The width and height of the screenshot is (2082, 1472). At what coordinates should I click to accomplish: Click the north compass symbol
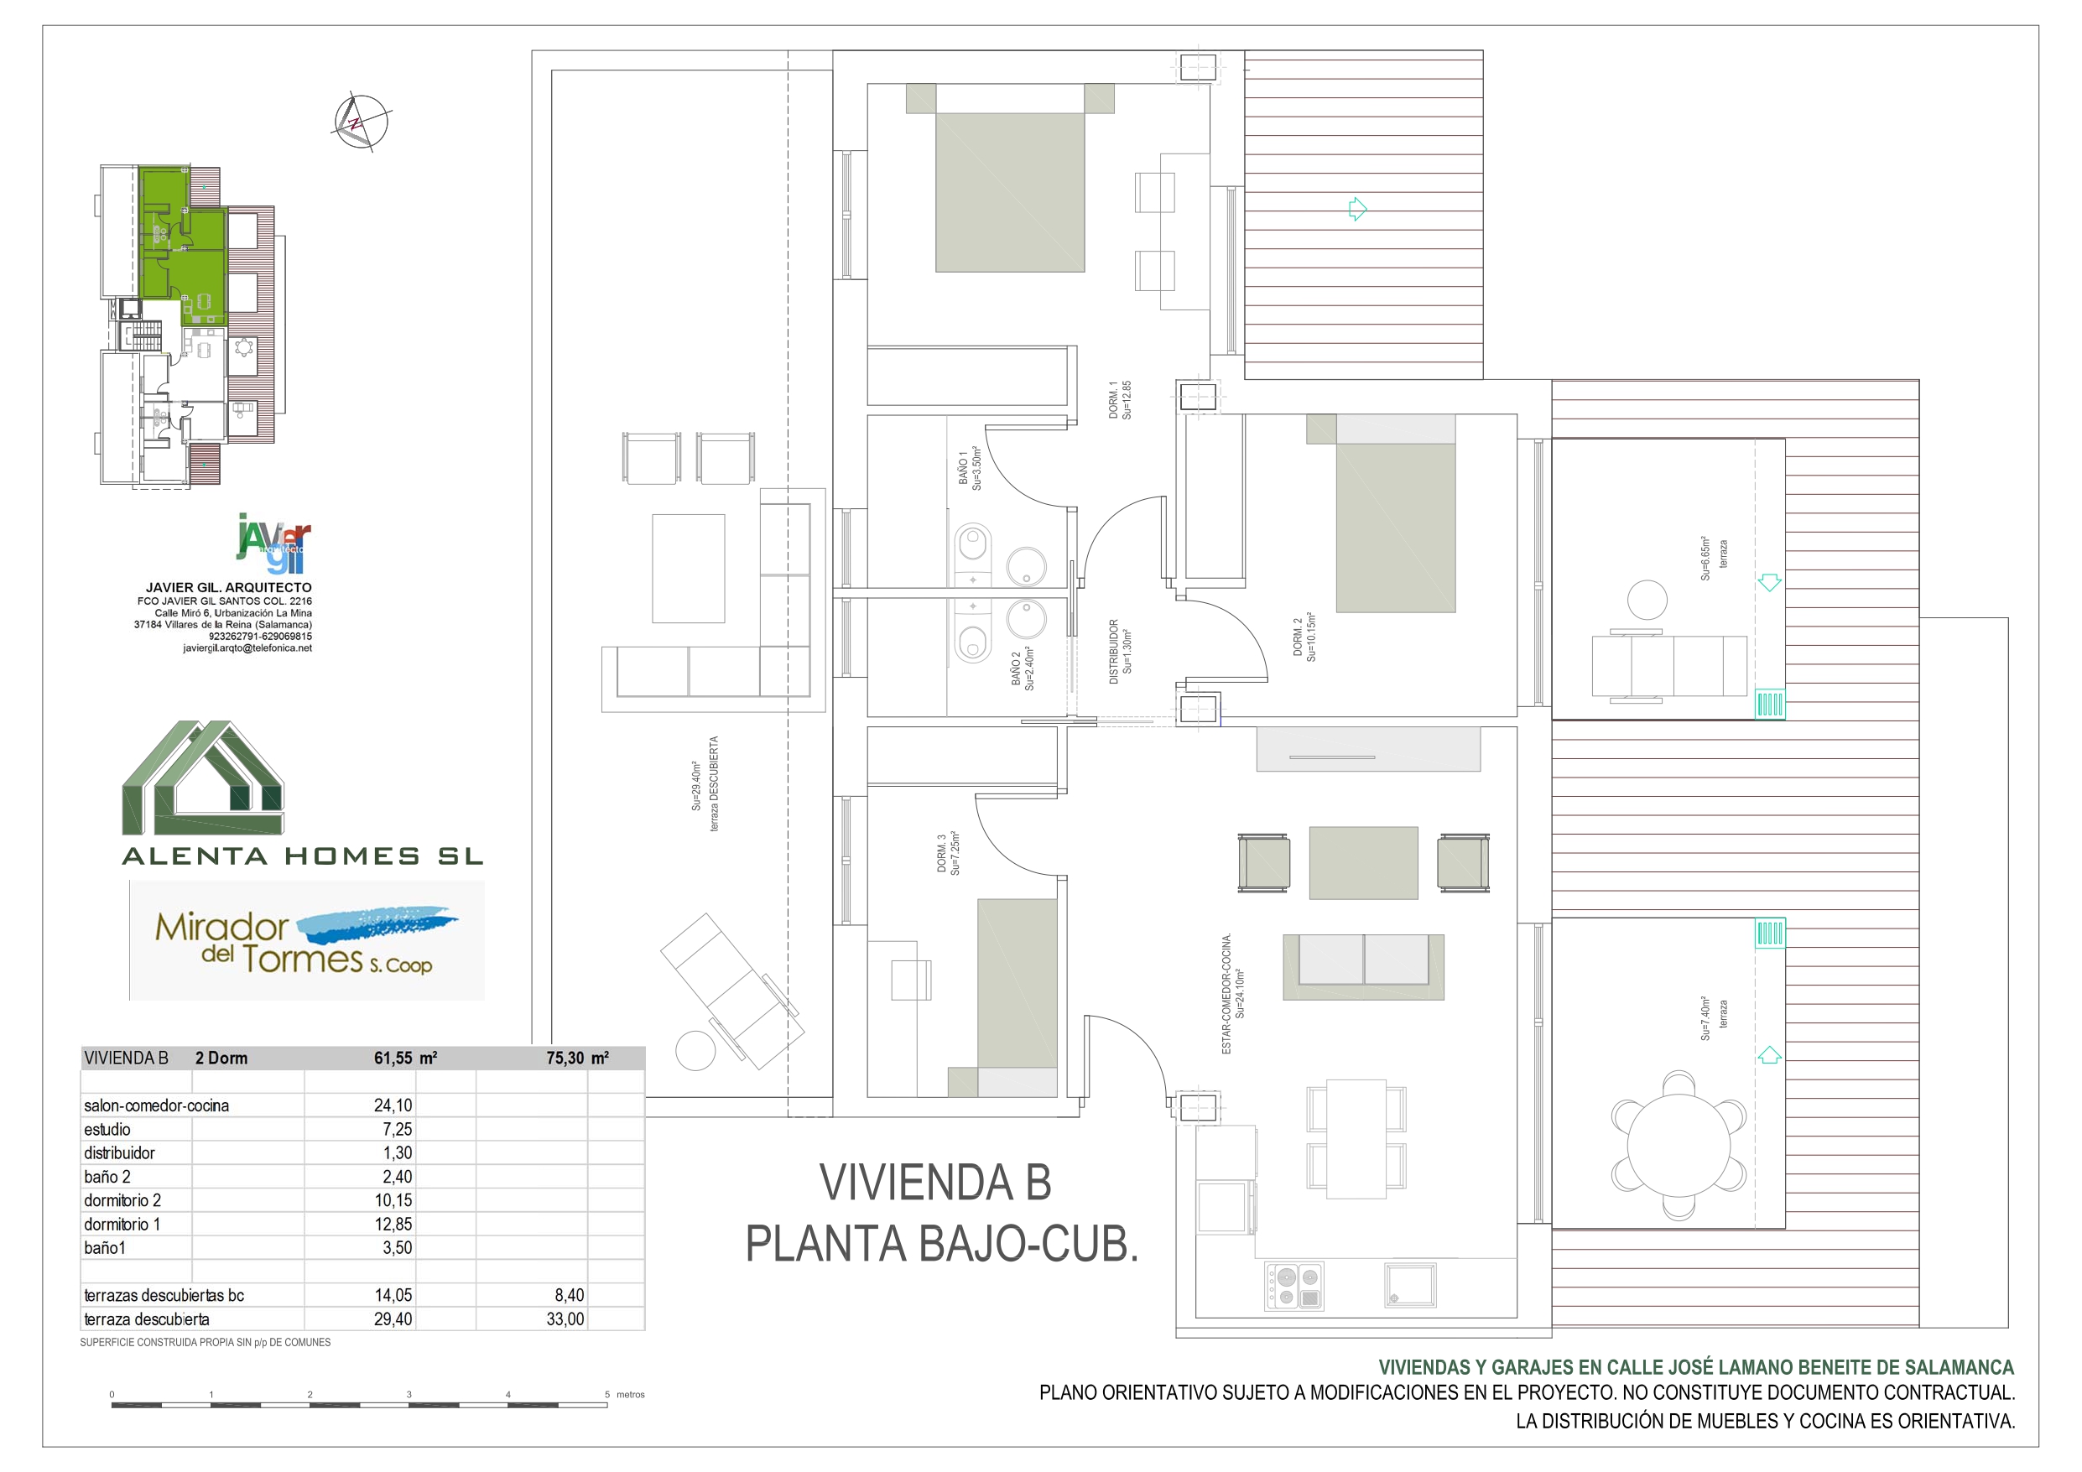click(361, 122)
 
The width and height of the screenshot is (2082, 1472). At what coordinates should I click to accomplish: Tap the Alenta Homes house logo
click(203, 778)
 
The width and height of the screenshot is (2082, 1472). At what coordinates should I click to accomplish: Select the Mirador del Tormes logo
click(306, 939)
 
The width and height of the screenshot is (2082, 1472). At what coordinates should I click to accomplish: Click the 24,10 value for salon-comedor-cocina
click(393, 1105)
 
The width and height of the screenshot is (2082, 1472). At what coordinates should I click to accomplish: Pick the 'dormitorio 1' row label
click(122, 1225)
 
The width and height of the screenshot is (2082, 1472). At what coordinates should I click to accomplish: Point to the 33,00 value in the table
click(565, 1319)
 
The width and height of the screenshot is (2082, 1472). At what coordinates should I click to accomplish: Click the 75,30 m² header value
click(578, 1058)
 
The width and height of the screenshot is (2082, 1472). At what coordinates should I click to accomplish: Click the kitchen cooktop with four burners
click(1295, 1287)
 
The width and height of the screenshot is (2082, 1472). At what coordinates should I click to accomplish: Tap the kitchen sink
click(1410, 1285)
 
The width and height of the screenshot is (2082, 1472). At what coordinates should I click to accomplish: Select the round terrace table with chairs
click(1679, 1146)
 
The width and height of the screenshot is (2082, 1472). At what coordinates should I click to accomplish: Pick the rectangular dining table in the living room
click(1356, 1138)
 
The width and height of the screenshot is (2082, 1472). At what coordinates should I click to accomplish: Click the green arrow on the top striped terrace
click(1357, 210)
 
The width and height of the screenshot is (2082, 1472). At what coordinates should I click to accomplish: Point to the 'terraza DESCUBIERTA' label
click(715, 783)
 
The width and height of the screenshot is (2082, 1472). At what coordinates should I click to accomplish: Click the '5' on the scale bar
click(606, 1394)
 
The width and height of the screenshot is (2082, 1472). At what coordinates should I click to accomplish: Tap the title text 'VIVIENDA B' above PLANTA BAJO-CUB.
click(935, 1183)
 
